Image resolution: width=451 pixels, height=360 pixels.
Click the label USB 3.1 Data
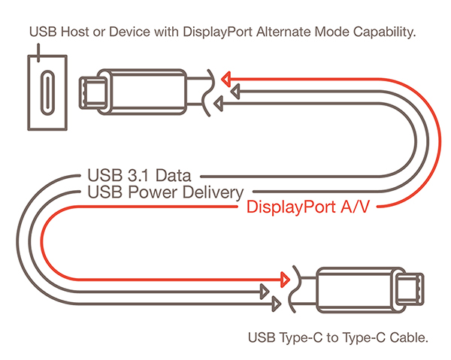(138, 177)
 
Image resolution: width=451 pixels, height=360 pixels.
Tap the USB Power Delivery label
(165, 192)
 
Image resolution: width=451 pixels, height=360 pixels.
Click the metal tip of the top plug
(93, 92)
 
